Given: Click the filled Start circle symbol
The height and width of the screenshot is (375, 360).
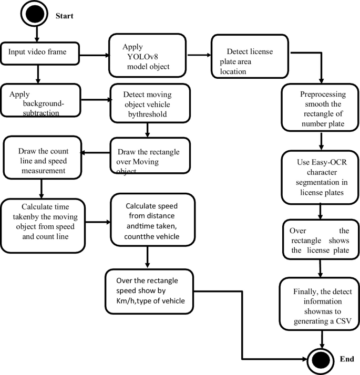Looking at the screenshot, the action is coord(34,14).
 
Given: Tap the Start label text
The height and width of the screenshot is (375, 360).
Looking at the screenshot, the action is coord(65,16).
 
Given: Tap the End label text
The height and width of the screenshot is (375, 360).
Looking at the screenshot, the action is coord(347,359).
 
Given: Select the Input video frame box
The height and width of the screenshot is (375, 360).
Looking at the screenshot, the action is coord(40,54).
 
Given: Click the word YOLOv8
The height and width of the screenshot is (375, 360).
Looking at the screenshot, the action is coord(142,57).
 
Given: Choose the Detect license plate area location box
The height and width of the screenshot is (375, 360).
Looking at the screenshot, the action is coord(250,56).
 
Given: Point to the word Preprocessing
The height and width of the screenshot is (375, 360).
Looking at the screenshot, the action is coord(323,94).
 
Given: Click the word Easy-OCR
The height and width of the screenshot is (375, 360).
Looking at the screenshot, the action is coord(334,162).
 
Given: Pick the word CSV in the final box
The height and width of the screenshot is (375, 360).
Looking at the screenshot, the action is coord(344,321).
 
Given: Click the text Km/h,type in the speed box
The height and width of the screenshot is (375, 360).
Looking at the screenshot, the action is coord(134,300).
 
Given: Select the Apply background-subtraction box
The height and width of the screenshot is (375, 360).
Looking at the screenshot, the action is coord(40,100).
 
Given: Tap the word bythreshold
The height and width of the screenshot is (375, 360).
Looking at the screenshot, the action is coord(148,114).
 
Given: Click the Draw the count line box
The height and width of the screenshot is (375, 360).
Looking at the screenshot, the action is coord(43,158).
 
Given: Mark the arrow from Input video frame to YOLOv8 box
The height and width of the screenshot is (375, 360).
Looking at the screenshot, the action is coord(94,55).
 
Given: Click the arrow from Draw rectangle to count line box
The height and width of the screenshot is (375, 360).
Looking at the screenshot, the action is coord(96,153).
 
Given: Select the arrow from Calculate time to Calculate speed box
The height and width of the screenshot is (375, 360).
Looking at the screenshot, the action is coord(98,222).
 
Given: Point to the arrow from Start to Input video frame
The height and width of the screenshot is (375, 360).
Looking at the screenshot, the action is coord(37,34).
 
